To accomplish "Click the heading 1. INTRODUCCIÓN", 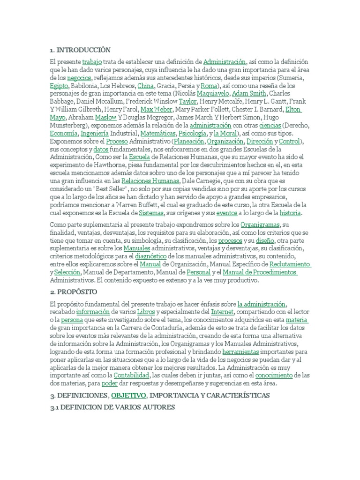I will (x=80, y=50).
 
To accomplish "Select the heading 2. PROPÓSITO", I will (x=74, y=292).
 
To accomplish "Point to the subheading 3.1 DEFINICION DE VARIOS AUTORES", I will (x=112, y=407).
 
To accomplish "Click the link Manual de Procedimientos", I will (x=260, y=273).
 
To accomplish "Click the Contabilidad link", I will (x=131, y=376).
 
